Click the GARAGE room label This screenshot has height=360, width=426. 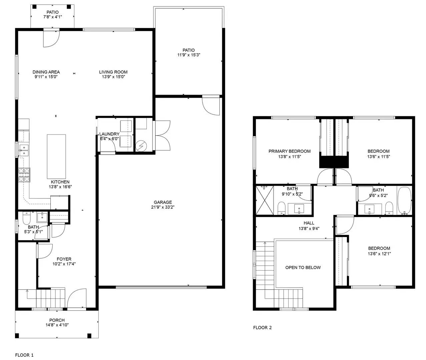163,202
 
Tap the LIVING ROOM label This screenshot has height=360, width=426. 113,72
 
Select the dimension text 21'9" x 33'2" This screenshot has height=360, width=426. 163,207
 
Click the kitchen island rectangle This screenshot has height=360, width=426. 56,157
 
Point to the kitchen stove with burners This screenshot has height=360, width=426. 24,175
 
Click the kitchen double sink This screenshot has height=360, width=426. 24,150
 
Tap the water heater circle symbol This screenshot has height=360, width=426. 141,146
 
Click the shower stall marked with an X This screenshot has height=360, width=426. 264,200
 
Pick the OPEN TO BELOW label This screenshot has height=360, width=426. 303,267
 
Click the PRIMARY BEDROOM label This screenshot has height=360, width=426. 289,151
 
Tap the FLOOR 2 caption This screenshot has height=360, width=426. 262,327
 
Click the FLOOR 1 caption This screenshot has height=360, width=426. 24,355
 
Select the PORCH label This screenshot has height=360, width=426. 57,320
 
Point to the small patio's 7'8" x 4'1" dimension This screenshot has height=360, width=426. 52,17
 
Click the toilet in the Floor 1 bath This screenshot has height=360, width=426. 26,219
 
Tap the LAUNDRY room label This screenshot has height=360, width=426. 109,134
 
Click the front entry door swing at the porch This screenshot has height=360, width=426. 76,298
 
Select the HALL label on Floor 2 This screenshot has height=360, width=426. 309,223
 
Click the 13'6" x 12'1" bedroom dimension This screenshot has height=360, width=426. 379,253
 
